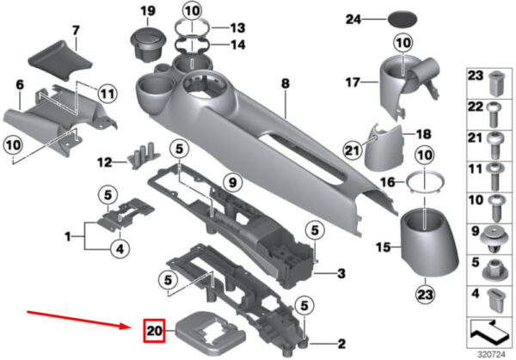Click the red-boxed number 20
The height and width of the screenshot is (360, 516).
(x=154, y=331)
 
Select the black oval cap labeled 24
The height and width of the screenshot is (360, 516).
(x=402, y=20)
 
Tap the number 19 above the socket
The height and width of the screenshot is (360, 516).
(x=148, y=11)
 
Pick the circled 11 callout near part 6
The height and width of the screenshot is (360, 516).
(x=108, y=95)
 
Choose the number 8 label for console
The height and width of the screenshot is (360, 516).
(x=286, y=83)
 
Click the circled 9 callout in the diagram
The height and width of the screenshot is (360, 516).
(x=233, y=182)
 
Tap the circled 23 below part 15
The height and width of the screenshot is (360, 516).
(x=425, y=294)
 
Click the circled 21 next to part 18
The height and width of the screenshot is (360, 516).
(x=353, y=150)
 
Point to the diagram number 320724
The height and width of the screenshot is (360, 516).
(x=491, y=355)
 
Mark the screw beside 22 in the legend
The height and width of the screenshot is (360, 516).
(x=493, y=115)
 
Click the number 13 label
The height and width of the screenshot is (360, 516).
(x=237, y=28)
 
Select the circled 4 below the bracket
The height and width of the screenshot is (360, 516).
(x=120, y=249)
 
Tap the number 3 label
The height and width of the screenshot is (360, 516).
(x=341, y=273)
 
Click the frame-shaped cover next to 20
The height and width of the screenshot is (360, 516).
(x=211, y=333)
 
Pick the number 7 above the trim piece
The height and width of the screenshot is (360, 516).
(x=76, y=31)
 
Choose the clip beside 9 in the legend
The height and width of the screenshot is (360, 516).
(x=493, y=238)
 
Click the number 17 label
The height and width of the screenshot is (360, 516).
(x=353, y=82)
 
